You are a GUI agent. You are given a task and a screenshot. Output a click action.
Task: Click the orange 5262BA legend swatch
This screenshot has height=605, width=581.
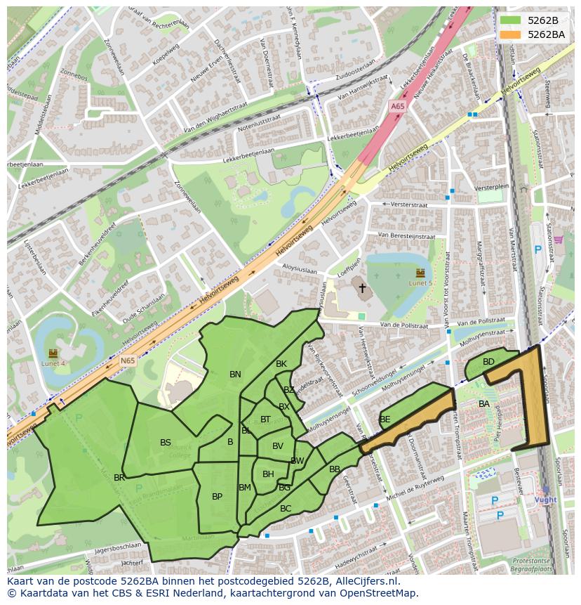tap(510, 34)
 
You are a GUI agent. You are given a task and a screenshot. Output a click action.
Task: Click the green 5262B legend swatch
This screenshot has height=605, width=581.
tap(510, 20)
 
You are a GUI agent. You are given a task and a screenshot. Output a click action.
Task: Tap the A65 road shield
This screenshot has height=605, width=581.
tap(398, 106)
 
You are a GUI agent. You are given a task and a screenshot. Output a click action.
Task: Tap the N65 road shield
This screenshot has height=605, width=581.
tap(127, 361)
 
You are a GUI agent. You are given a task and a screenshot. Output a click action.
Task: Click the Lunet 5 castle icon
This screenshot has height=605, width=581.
tap(420, 273)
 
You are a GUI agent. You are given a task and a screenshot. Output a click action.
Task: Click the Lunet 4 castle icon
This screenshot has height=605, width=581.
tap(53, 353)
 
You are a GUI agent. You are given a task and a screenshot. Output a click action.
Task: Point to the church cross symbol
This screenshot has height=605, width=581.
tap(362, 287)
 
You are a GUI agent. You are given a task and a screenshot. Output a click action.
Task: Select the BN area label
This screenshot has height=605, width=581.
tap(235, 375)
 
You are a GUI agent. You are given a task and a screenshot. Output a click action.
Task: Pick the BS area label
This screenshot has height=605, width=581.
tap(166, 443)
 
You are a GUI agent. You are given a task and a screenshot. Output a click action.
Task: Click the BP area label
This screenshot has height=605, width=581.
tap(217, 497)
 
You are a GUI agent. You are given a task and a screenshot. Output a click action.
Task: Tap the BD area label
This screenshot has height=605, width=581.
tap(488, 362)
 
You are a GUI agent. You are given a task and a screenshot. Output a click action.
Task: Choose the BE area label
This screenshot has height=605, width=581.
tap(385, 419)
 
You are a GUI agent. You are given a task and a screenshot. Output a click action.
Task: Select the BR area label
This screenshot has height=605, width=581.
tap(119, 478)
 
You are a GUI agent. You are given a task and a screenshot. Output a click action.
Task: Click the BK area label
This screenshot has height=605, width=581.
tap(281, 364)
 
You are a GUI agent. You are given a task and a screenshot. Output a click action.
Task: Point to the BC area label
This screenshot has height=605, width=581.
tap(286, 508)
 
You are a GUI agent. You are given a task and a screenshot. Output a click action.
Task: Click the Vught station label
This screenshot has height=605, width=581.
tap(545, 500)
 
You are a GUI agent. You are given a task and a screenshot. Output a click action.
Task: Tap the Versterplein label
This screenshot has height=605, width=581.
tap(491, 188)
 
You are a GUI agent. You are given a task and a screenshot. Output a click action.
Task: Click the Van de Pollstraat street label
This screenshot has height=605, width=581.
tap(404, 326)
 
